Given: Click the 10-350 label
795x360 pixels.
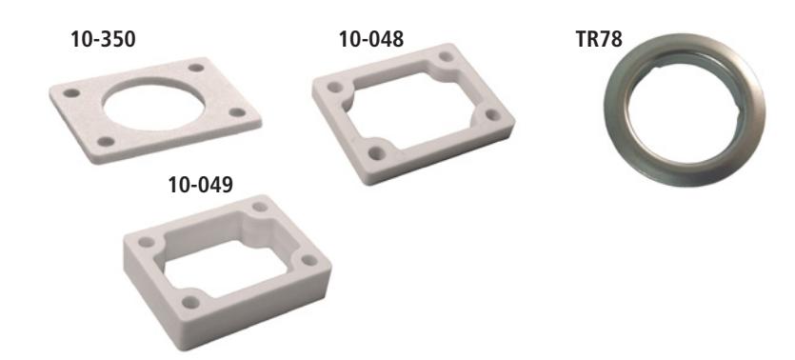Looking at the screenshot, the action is (x=103, y=40).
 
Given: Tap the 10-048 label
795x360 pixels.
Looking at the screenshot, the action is (x=371, y=40).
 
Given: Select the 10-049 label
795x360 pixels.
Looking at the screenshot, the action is (x=200, y=185).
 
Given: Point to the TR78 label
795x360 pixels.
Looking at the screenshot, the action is (x=599, y=40).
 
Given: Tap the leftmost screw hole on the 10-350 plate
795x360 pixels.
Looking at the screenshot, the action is (x=71, y=93).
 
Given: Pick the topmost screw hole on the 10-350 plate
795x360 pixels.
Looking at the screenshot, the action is (x=196, y=68).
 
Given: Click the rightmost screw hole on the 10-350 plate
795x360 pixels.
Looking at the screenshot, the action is (x=237, y=112).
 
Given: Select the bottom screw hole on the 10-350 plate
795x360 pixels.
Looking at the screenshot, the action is (x=106, y=142).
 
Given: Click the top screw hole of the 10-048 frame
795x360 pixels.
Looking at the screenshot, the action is (x=447, y=57).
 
